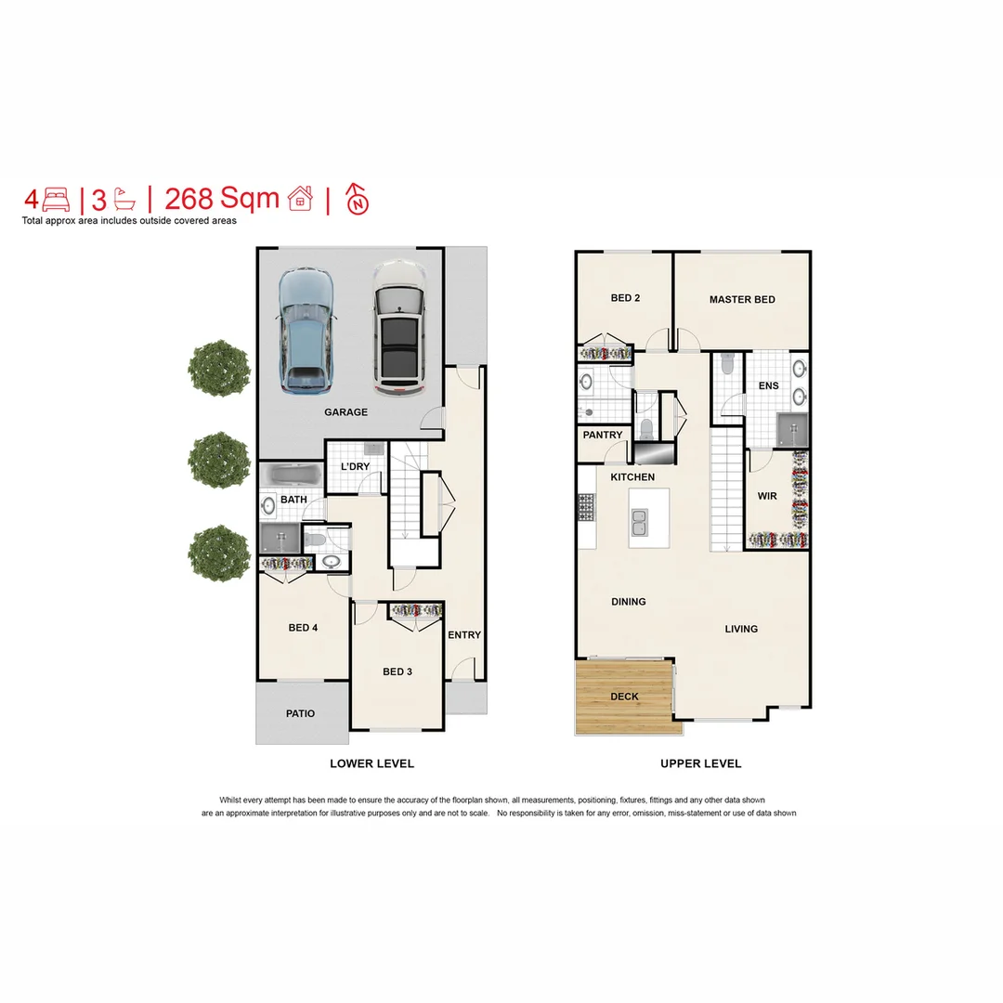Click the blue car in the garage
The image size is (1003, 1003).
point(304,330)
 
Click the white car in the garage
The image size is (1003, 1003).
point(398,327)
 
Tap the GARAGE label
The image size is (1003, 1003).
point(345,412)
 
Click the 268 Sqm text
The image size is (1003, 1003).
point(221,199)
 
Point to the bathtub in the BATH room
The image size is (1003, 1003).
point(292,476)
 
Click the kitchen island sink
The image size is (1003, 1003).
point(638,528)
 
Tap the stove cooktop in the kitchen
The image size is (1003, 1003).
point(586,508)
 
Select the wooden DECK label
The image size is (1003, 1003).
point(625,697)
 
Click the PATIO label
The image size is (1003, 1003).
point(300,714)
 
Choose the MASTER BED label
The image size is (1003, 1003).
point(742,300)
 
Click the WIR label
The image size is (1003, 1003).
point(767,497)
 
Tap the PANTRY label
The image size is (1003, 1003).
point(603,436)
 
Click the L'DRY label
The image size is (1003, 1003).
point(357,466)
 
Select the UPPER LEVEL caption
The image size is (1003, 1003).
point(700,763)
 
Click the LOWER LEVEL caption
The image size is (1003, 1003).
point(371,763)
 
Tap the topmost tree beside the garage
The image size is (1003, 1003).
point(219,369)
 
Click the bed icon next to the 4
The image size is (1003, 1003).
point(57,200)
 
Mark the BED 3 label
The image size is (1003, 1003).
point(397,671)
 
